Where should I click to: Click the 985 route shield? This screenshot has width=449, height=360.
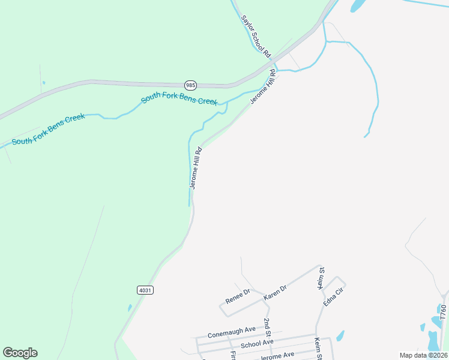pos(190,85)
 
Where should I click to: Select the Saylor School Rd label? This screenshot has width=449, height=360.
pos(256,35)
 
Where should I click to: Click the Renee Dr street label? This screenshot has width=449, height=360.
pos(238,295)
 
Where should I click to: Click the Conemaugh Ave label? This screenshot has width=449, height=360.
pos(232,332)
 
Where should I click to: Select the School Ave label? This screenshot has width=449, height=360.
pos(257,343)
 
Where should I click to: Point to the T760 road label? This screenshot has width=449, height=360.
pos(444,316)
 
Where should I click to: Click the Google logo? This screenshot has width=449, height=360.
pos(20,353)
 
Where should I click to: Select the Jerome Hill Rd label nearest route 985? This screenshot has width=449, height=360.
pos(263,88)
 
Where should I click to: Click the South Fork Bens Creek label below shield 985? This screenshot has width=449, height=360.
pos(179,99)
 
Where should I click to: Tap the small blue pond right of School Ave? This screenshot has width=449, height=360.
pos(340,335)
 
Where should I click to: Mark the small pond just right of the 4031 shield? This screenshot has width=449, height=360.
pos(130,308)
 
